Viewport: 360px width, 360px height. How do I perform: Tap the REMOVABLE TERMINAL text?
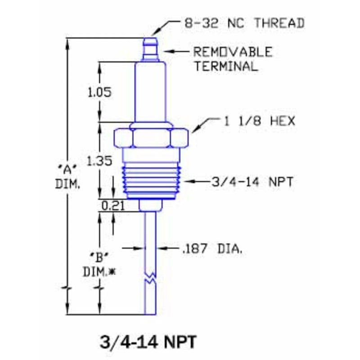pyautogui.click(x=233, y=59)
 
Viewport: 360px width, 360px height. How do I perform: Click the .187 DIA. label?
pyautogui.click(x=213, y=248)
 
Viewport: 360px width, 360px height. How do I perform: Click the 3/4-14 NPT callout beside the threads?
pyautogui.click(x=252, y=182)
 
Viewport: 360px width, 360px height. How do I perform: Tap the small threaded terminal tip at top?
pyautogui.click(x=150, y=49)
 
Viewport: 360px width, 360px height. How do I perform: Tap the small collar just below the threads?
pyautogui.click(x=150, y=205)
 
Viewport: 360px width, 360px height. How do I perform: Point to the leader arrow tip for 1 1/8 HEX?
pyautogui.click(x=192, y=131)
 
